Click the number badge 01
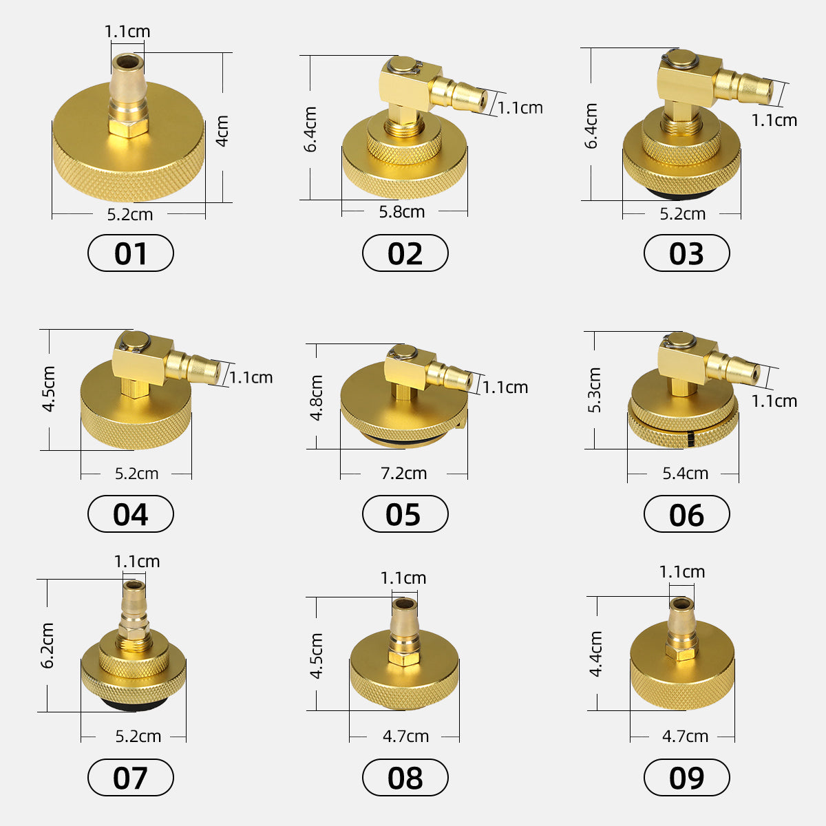(x=131, y=253)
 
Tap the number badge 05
(x=405, y=514)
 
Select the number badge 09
(x=686, y=778)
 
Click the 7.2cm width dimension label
(x=404, y=474)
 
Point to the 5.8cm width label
(x=402, y=211)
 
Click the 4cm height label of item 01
(x=222, y=131)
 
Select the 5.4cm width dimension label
(x=685, y=474)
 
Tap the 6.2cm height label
(x=47, y=645)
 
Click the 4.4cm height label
(x=596, y=653)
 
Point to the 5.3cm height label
(x=595, y=390)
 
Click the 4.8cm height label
(x=317, y=398)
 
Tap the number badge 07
(x=131, y=778)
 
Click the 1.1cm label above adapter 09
(x=681, y=572)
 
